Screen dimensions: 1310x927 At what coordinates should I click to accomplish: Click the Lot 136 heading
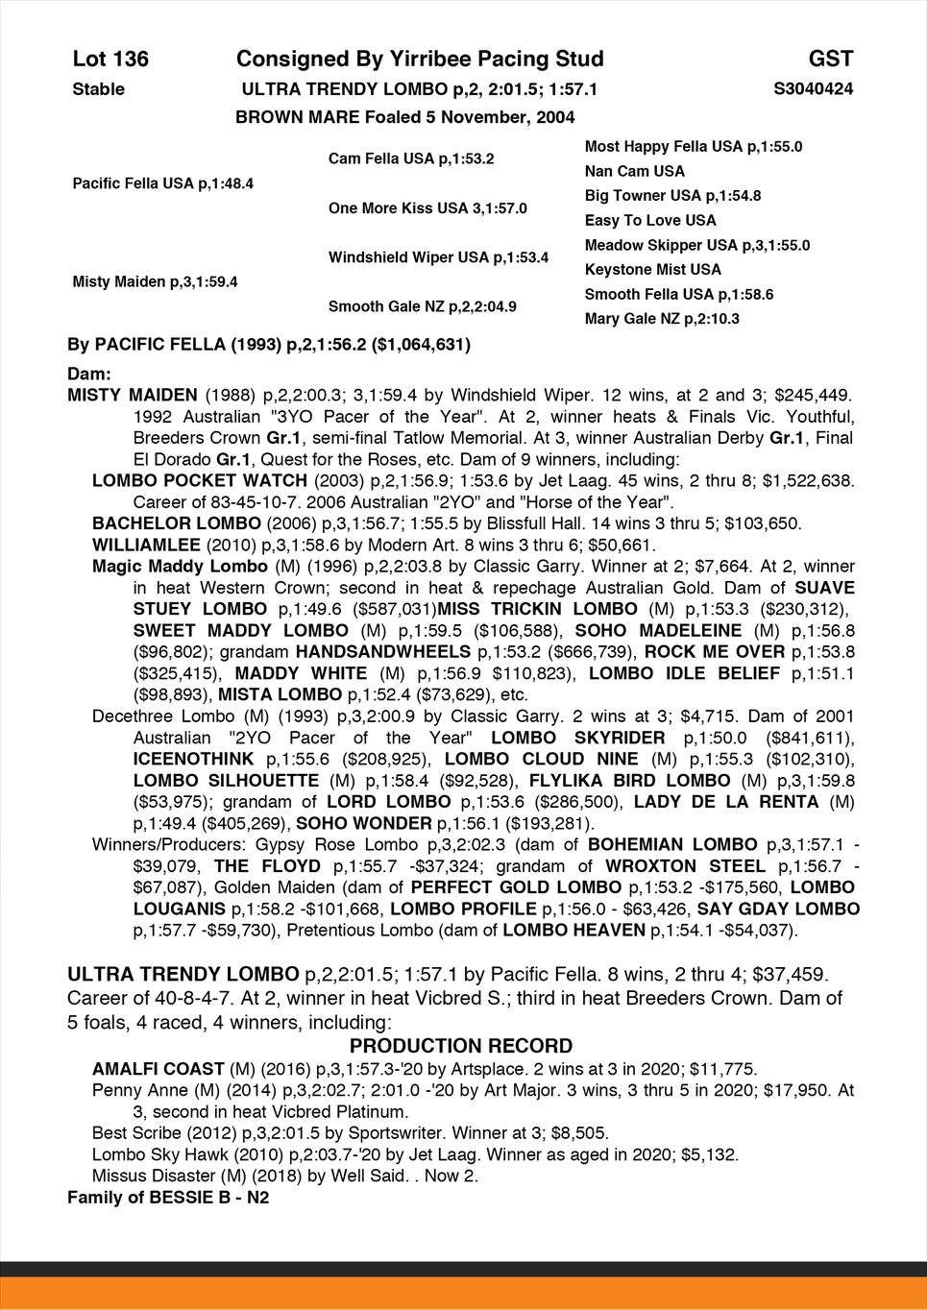click(110, 60)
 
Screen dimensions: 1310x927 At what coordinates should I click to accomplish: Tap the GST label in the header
click(830, 60)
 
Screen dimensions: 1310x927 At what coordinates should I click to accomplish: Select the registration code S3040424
click(813, 89)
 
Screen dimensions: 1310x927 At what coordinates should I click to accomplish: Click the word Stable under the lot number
click(98, 89)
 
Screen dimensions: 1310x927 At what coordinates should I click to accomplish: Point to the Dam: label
click(89, 373)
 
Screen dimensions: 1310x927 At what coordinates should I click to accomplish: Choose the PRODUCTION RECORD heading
click(461, 1046)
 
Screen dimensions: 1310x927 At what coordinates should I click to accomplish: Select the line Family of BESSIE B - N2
click(168, 1198)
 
